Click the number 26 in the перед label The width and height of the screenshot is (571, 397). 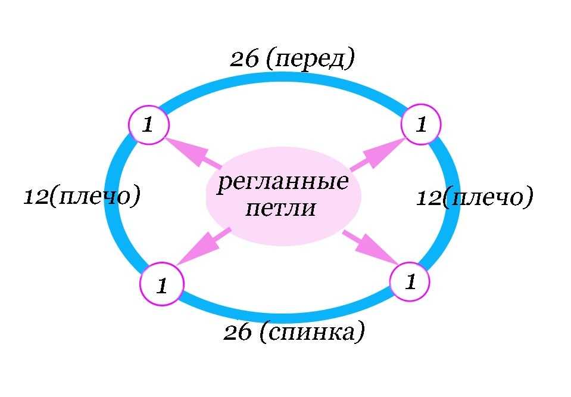pyautogui.click(x=245, y=60)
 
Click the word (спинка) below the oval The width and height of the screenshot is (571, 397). pyautogui.click(x=311, y=333)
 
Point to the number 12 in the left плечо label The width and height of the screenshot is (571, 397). pyautogui.click(x=36, y=197)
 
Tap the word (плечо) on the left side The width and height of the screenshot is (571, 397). pyautogui.click(x=95, y=197)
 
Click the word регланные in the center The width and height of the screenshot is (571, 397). pyautogui.click(x=282, y=182)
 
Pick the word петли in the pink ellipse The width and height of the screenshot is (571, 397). pyautogui.click(x=280, y=209)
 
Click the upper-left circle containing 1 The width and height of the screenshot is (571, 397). pyautogui.click(x=149, y=125)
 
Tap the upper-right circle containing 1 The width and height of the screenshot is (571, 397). pyautogui.click(x=421, y=125)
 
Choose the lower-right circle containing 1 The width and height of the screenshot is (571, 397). pyautogui.click(x=409, y=281)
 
